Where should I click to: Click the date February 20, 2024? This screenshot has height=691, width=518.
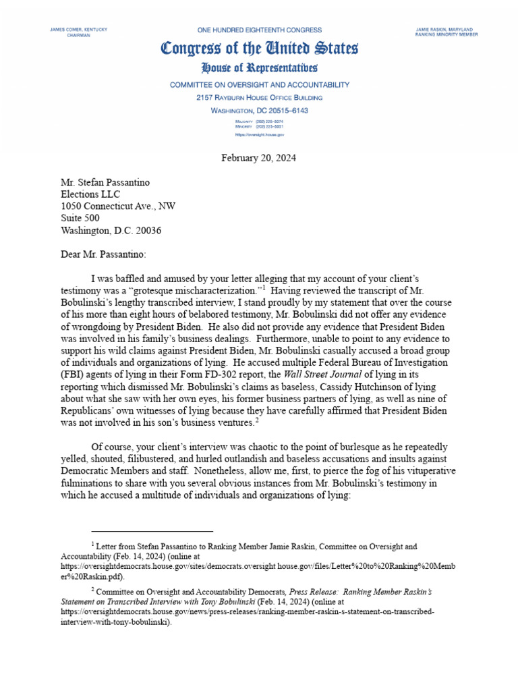click(259, 158)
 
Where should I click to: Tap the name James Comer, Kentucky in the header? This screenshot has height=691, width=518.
click(78, 30)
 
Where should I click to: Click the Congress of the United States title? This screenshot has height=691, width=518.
click(259, 49)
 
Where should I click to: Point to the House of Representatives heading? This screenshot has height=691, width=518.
click(259, 68)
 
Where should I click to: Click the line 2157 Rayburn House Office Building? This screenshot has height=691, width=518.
click(259, 98)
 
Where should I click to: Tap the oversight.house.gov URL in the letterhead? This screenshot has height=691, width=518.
click(259, 135)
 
